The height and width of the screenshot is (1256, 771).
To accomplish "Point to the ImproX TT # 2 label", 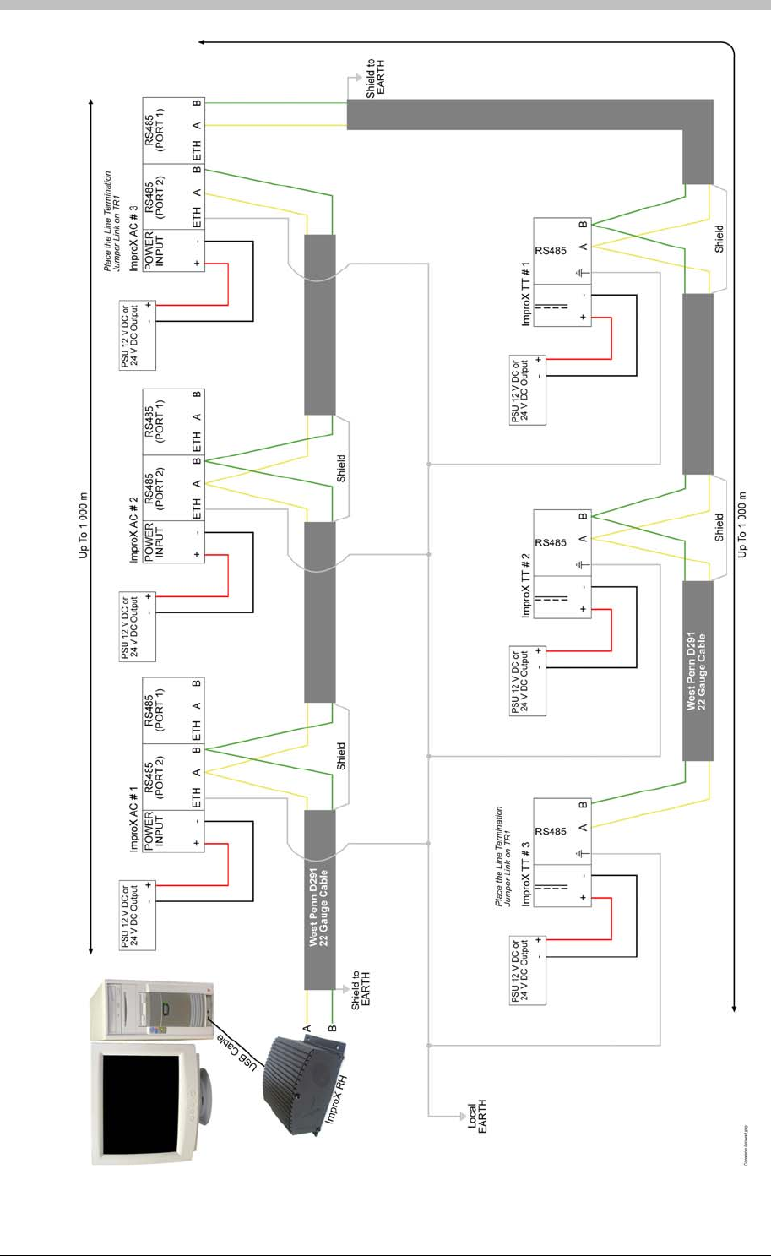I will coord(525,586).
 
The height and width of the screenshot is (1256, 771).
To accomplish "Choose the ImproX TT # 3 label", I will coord(525,875).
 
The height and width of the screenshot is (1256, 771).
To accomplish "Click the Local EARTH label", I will coord(477,1117).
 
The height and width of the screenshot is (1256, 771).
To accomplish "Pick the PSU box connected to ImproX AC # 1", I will coord(138,913).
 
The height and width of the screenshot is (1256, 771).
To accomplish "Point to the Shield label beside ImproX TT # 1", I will coord(719,238).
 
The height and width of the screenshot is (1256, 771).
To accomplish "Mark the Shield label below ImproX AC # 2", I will coord(341,469).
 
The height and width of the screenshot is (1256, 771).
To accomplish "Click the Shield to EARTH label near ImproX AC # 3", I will coord(375,78).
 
